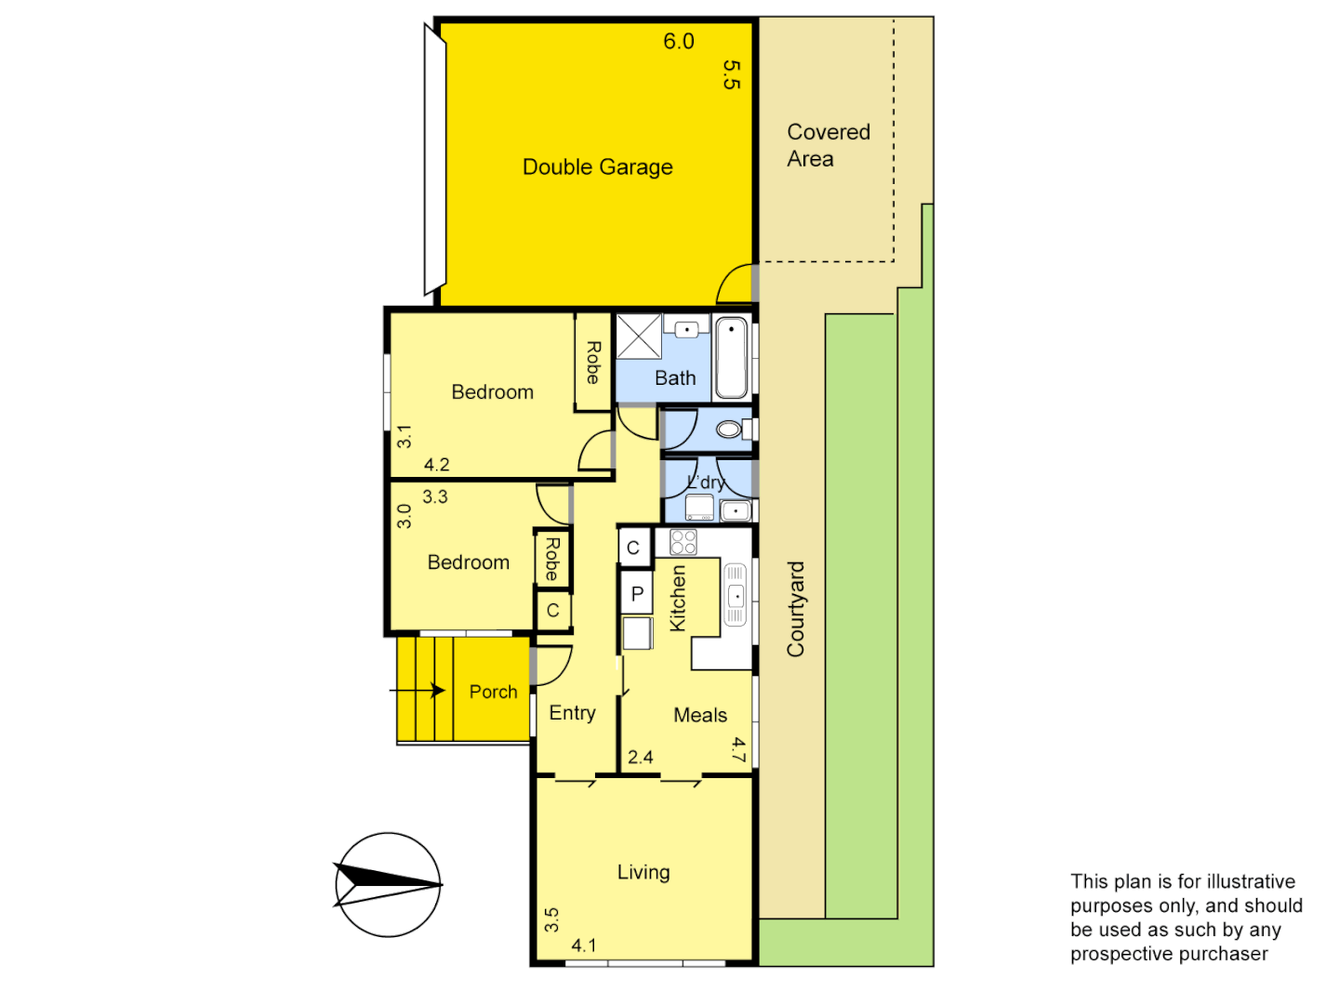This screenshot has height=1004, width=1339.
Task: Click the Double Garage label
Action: (597, 167)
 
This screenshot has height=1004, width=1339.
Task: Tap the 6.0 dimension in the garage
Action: (679, 42)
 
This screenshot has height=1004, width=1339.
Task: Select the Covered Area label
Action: (828, 146)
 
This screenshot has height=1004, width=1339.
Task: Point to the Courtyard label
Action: (796, 609)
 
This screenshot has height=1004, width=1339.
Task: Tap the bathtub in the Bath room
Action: (732, 357)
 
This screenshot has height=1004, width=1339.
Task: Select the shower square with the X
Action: (639, 337)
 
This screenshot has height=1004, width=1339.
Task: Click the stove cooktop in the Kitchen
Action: (683, 542)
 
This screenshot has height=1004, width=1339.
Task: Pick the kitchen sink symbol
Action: (736, 595)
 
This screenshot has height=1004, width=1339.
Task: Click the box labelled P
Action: (637, 594)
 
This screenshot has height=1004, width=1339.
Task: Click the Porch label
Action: (493, 692)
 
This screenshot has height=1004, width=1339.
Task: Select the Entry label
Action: (572, 713)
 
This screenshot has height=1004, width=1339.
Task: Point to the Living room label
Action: (643, 872)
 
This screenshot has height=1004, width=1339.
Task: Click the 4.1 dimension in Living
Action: (584, 945)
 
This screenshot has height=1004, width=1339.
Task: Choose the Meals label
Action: (700, 715)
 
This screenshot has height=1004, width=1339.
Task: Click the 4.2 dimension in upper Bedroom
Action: (437, 465)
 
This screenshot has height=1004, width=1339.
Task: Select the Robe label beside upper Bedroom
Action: (592, 363)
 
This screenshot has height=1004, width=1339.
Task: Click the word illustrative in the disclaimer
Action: (1247, 881)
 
